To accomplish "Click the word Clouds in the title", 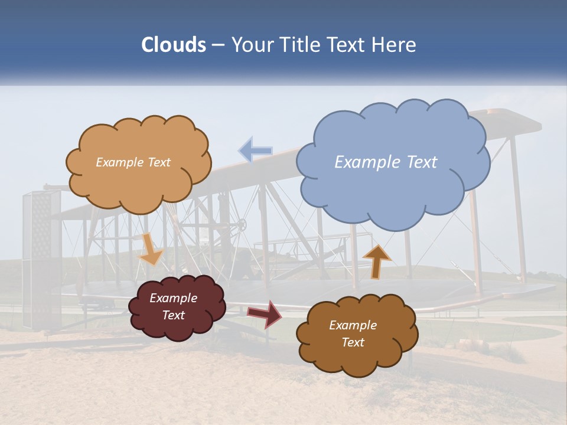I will (x=174, y=45).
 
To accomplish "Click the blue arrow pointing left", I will (x=255, y=150).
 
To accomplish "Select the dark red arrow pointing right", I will (x=264, y=313).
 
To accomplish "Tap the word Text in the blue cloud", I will (x=422, y=162).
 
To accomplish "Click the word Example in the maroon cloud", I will (x=174, y=299).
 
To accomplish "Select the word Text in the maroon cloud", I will (x=174, y=315).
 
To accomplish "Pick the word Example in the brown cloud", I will (x=353, y=325).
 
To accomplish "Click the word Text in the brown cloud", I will (x=353, y=342).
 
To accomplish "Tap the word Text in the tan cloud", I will (x=158, y=162).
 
